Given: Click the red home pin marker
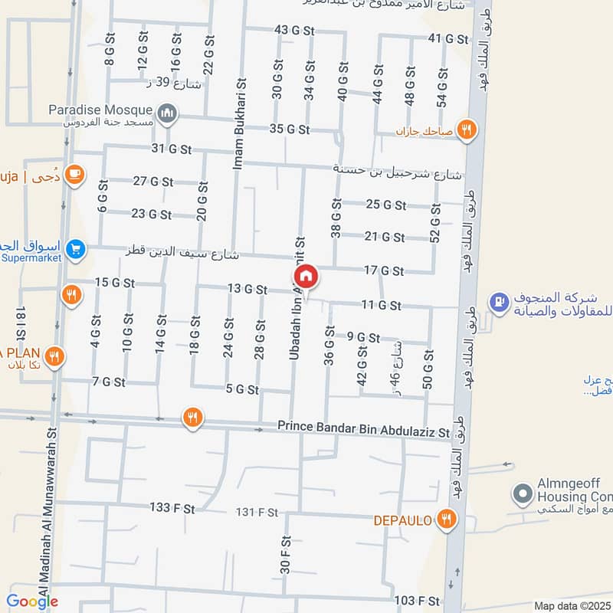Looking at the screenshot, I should point(306,276).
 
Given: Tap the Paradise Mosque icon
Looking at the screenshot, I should point(167,115).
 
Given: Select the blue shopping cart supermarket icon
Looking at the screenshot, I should point(75,248).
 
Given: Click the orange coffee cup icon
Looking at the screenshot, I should point(74,175).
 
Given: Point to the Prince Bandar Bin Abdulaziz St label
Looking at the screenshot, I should point(363,430).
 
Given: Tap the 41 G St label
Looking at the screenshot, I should point(447,38).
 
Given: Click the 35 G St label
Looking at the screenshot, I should point(290,129).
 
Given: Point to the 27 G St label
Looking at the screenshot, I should point(153,182).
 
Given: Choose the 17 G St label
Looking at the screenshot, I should point(384,270).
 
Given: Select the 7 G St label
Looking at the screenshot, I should point(108,381).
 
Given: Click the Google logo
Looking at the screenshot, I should point(32,601).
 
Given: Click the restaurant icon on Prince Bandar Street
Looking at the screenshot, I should point(192,418).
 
